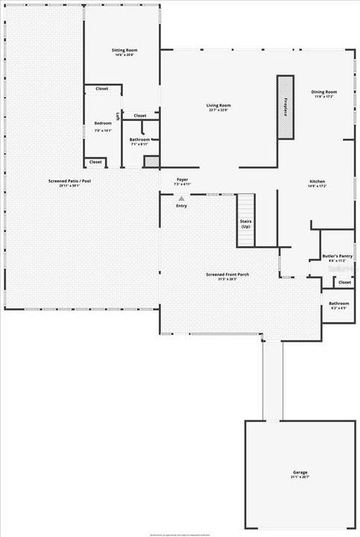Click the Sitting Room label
[126, 51]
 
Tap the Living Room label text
[218, 105]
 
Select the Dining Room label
[324, 92]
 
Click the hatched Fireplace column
[285, 107]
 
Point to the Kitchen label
[318, 181]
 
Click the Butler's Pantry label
[337, 256]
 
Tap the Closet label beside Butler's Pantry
[344, 283]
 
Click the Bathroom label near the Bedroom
[139, 139]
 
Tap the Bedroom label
[103, 123]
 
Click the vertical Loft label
[117, 118]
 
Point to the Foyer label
[183, 180]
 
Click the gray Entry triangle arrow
[181, 198]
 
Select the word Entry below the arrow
[181, 206]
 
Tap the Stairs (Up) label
[245, 224]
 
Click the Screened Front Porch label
[227, 274]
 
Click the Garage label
[300, 472]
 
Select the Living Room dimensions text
[218, 110]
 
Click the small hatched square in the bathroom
[151, 160]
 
